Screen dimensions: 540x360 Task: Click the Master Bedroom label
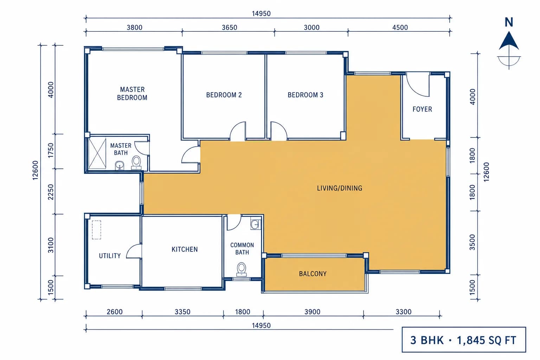click(x=132, y=94)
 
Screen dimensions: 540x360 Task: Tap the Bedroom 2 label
click(x=224, y=95)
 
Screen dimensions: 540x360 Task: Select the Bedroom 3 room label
click(x=306, y=95)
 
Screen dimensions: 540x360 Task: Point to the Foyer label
click(x=422, y=109)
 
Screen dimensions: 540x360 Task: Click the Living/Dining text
click(x=339, y=188)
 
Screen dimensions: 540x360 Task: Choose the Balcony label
click(x=313, y=274)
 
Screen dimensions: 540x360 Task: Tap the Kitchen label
click(x=185, y=249)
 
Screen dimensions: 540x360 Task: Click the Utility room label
click(x=110, y=256)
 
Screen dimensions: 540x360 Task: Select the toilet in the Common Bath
click(x=242, y=269)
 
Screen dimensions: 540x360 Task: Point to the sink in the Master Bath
click(x=119, y=166)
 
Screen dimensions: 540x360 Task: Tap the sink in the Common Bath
click(x=255, y=225)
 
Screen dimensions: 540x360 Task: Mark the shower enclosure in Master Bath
click(x=97, y=154)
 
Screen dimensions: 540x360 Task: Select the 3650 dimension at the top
click(x=230, y=27)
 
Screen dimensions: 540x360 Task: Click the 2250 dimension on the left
click(x=51, y=192)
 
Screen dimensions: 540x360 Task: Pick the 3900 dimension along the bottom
click(x=313, y=312)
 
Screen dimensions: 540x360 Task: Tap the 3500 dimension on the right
click(x=472, y=242)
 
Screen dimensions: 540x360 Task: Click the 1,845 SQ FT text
click(x=487, y=340)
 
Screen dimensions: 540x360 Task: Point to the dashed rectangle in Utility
click(x=96, y=230)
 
